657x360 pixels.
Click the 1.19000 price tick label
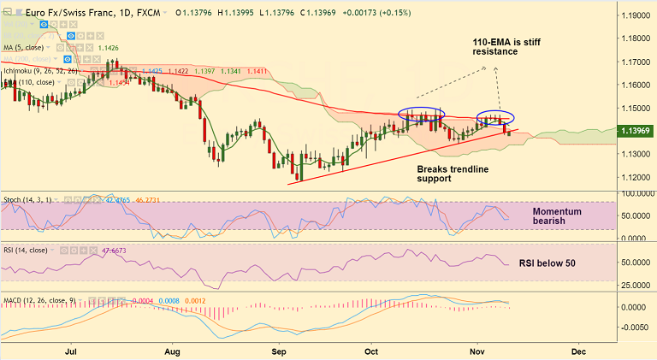(635, 15)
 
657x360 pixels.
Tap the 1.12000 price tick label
(635, 177)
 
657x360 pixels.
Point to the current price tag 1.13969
(636, 130)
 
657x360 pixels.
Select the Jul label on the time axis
(71, 351)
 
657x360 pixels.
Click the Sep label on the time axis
(277, 351)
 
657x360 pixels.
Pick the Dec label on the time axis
(578, 351)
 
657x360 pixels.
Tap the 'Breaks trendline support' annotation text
(453, 174)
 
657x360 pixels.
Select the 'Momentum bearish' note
(557, 215)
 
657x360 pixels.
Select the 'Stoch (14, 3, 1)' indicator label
(29, 199)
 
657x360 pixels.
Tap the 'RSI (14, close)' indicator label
(30, 251)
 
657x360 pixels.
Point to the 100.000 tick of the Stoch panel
(633, 193)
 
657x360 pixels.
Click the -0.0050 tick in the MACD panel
(634, 327)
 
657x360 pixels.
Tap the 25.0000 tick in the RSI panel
(633, 284)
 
